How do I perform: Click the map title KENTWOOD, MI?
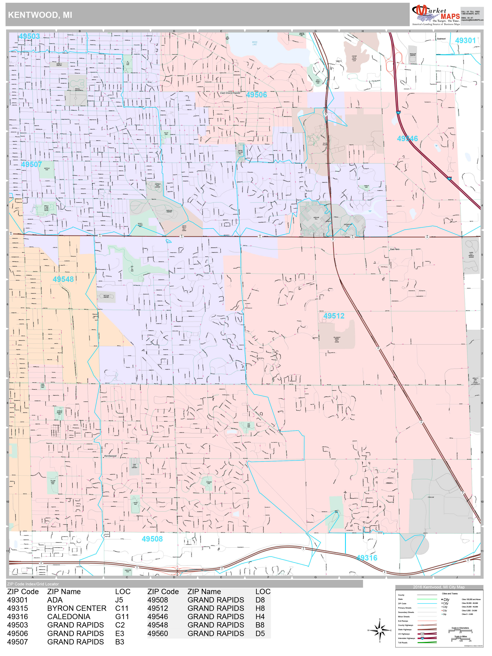click(x=40, y=15)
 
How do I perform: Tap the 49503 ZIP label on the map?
click(x=29, y=36)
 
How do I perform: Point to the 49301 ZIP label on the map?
click(x=465, y=40)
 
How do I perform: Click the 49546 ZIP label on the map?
click(x=407, y=139)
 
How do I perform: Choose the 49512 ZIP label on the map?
click(x=334, y=316)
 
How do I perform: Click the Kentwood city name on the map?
click(x=110, y=456)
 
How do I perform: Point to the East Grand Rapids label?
click(x=230, y=93)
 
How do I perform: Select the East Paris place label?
click(x=394, y=249)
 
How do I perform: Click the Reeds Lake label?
click(x=255, y=43)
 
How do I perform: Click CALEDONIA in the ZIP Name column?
click(x=69, y=617)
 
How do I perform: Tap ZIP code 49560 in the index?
click(x=158, y=633)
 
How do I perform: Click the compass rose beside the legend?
click(x=380, y=630)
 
